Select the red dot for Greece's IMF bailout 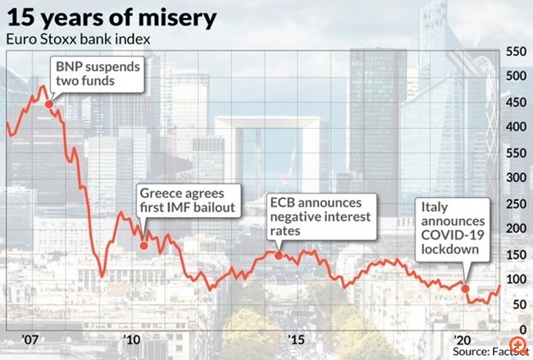(144, 245)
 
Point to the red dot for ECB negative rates (278, 255)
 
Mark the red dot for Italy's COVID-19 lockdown (466, 288)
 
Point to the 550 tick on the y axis (517, 51)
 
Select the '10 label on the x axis (130, 339)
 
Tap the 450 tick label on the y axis (517, 102)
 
